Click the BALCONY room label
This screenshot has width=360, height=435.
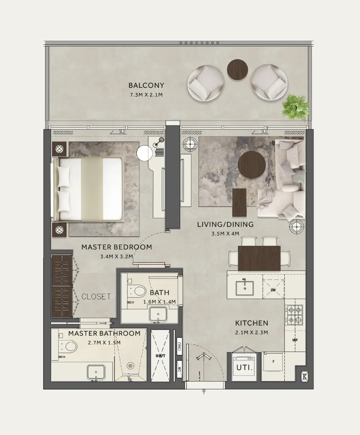click(146, 85)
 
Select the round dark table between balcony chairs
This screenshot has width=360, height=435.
click(237, 70)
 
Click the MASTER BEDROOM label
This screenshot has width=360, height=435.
click(116, 247)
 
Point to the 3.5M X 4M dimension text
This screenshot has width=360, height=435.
click(225, 234)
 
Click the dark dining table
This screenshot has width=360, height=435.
click(259, 258)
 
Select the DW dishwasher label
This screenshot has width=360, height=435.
click(273, 290)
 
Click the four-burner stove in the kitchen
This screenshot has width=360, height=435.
click(295, 314)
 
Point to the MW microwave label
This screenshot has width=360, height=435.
click(295, 340)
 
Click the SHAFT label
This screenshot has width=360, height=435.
click(160, 356)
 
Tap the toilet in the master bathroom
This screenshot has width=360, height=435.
click(70, 347)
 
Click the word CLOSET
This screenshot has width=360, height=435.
click(96, 297)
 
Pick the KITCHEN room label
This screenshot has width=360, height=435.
click(252, 323)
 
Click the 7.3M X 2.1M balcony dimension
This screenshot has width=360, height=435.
click(146, 95)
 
